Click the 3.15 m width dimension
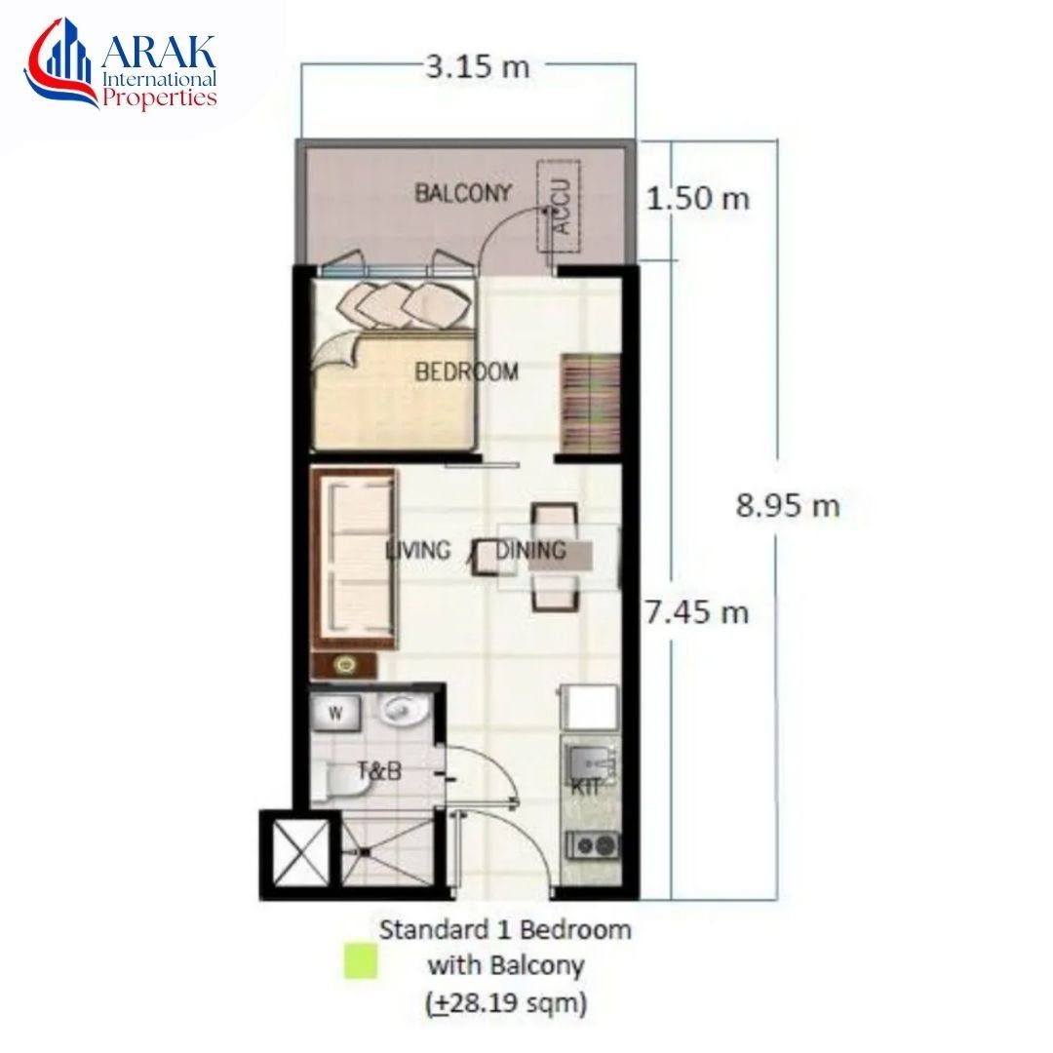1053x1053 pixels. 478,67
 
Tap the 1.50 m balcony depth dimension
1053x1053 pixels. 698,199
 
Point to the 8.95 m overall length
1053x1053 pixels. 788,505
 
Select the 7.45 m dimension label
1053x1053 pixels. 696,611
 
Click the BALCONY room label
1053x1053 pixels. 463,193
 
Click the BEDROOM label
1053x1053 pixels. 466,371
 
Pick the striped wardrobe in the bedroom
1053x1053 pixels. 590,403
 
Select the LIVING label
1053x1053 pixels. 417,551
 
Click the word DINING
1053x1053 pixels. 530,551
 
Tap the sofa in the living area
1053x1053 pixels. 354,559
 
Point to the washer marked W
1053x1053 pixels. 335,713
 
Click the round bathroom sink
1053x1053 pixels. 402,711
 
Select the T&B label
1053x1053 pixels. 379,771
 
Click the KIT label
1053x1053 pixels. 586,787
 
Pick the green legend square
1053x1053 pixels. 361,961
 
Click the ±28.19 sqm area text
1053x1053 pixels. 507,1004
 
